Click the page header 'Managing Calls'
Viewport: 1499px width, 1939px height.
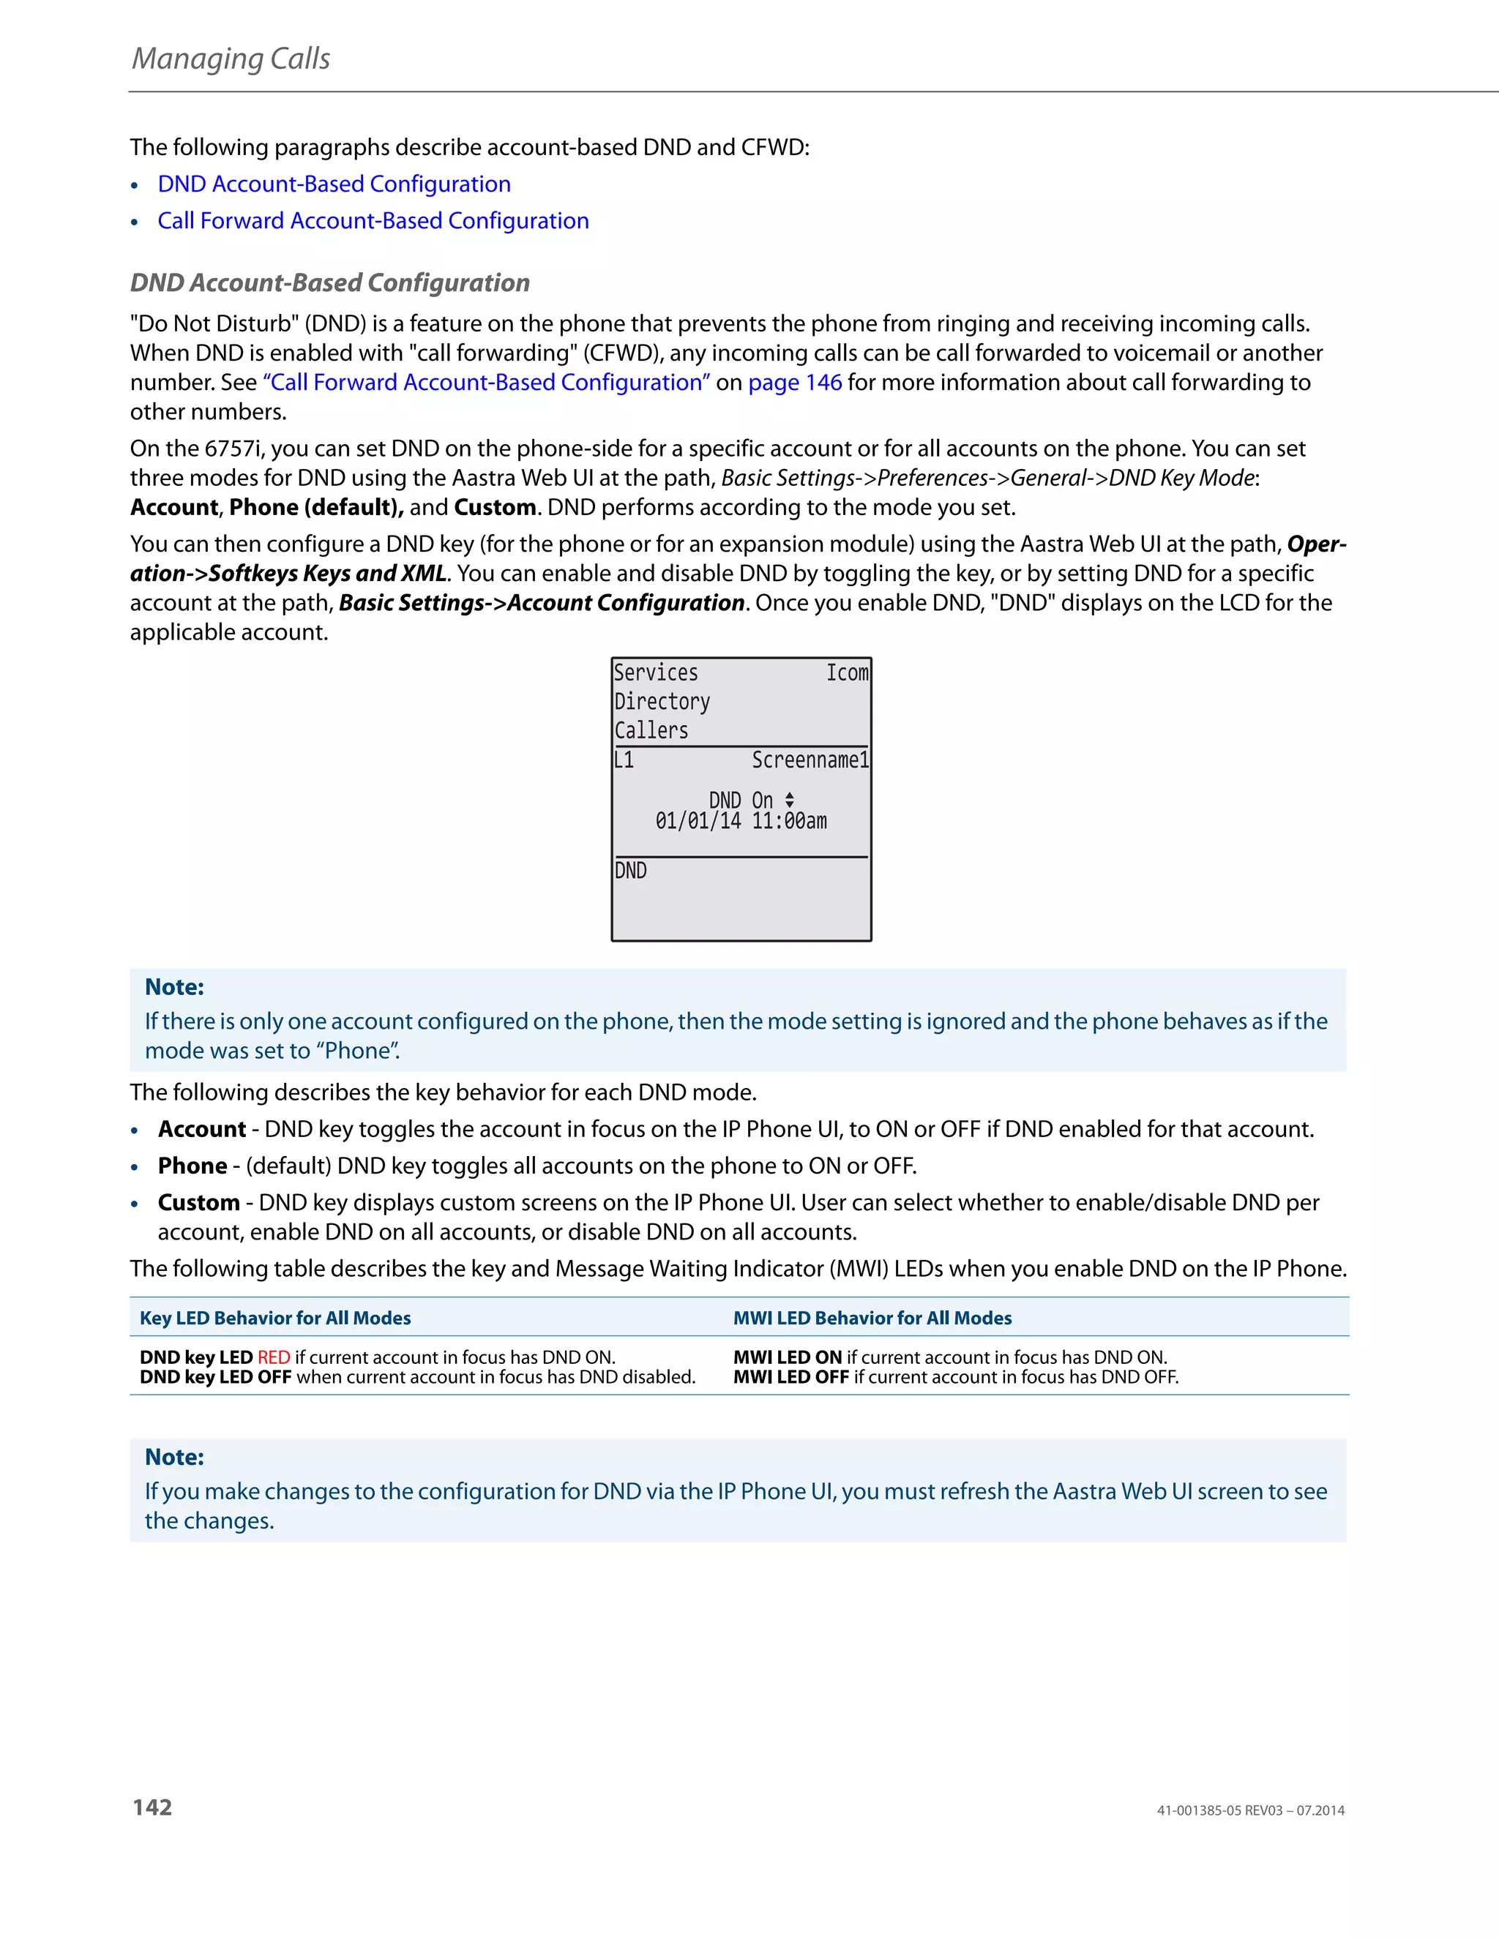[x=231, y=59]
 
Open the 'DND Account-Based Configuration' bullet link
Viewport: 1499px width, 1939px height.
[x=334, y=184]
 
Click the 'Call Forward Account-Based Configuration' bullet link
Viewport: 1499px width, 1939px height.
[x=373, y=220]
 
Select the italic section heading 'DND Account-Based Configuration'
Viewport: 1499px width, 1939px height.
[x=329, y=282]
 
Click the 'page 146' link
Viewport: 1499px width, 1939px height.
[x=795, y=382]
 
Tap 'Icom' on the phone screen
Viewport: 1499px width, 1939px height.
[x=847, y=673]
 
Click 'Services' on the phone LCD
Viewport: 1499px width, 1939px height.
[x=655, y=673]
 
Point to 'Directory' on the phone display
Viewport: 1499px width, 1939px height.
[x=662, y=702]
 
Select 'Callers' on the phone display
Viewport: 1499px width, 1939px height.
[x=651, y=731]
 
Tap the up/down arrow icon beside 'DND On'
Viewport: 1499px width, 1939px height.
[x=790, y=800]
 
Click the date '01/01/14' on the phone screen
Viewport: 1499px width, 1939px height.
[x=698, y=821]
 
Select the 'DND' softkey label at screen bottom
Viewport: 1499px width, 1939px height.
[x=630, y=871]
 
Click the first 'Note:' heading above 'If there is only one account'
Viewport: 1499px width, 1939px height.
[x=174, y=986]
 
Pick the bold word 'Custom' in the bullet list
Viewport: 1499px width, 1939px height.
[x=198, y=1202]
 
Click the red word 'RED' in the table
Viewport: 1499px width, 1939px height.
[x=274, y=1357]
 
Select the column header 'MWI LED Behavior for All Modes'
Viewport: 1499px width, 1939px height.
[x=872, y=1318]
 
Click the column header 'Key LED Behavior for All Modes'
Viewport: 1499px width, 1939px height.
[x=275, y=1318]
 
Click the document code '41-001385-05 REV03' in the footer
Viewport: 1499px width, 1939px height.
[x=1219, y=1810]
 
